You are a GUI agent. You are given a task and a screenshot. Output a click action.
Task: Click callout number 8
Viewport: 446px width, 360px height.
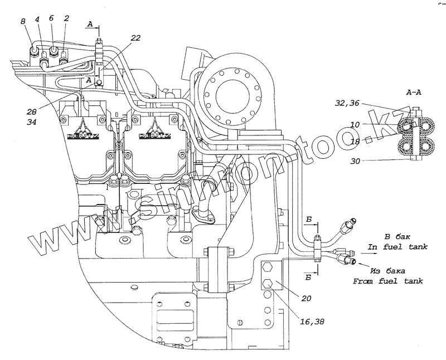23,22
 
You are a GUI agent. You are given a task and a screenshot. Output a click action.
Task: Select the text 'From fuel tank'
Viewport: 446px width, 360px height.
388,281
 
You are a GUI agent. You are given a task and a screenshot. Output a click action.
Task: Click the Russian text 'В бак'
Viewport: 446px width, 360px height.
397,236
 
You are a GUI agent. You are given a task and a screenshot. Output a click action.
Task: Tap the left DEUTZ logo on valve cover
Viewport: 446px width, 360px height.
83,132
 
